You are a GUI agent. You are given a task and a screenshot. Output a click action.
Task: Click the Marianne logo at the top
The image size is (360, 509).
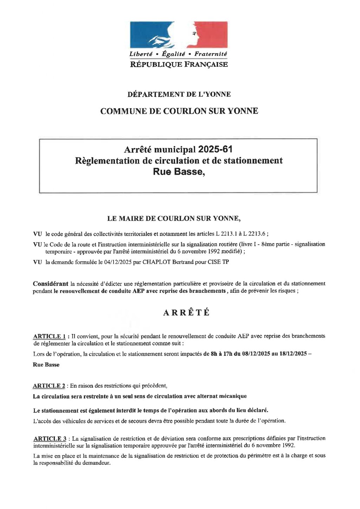tap(179, 34)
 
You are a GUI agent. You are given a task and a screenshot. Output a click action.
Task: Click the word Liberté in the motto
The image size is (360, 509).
tap(141, 54)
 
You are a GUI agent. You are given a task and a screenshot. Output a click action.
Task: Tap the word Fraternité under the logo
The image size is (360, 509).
tap(211, 54)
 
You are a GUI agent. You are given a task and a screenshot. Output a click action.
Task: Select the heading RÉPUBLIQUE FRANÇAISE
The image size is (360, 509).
tap(179, 64)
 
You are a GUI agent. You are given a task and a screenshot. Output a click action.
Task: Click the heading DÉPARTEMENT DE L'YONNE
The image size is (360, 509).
tap(179, 94)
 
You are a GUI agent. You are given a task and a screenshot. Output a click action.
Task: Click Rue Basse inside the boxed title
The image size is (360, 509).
tap(178, 172)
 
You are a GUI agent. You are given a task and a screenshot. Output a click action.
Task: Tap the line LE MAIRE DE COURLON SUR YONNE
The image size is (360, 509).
tap(174, 218)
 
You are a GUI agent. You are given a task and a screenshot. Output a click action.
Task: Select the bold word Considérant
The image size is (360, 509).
tap(51, 284)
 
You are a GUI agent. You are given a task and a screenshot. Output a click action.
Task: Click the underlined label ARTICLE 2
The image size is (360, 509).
tap(49, 386)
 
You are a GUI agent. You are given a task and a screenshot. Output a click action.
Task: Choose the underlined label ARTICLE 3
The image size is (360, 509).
tap(50, 439)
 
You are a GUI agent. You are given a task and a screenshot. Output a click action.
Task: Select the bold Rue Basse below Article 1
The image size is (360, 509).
tap(46, 365)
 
